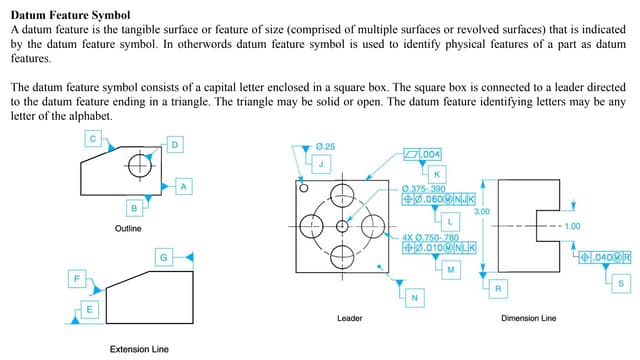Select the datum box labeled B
coord(133,207)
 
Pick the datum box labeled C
coord(92,139)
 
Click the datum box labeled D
coord(176,145)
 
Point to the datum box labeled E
coord(90,310)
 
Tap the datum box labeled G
coord(162,258)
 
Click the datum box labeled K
coord(437,174)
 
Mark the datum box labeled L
coord(450,219)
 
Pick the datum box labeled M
coord(450,269)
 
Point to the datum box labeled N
coord(413,299)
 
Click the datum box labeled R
coord(497,288)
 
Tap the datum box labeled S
coord(621,284)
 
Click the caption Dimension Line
coord(528,319)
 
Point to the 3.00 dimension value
coord(481,212)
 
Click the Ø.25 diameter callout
coord(324,146)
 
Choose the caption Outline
coord(128,229)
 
